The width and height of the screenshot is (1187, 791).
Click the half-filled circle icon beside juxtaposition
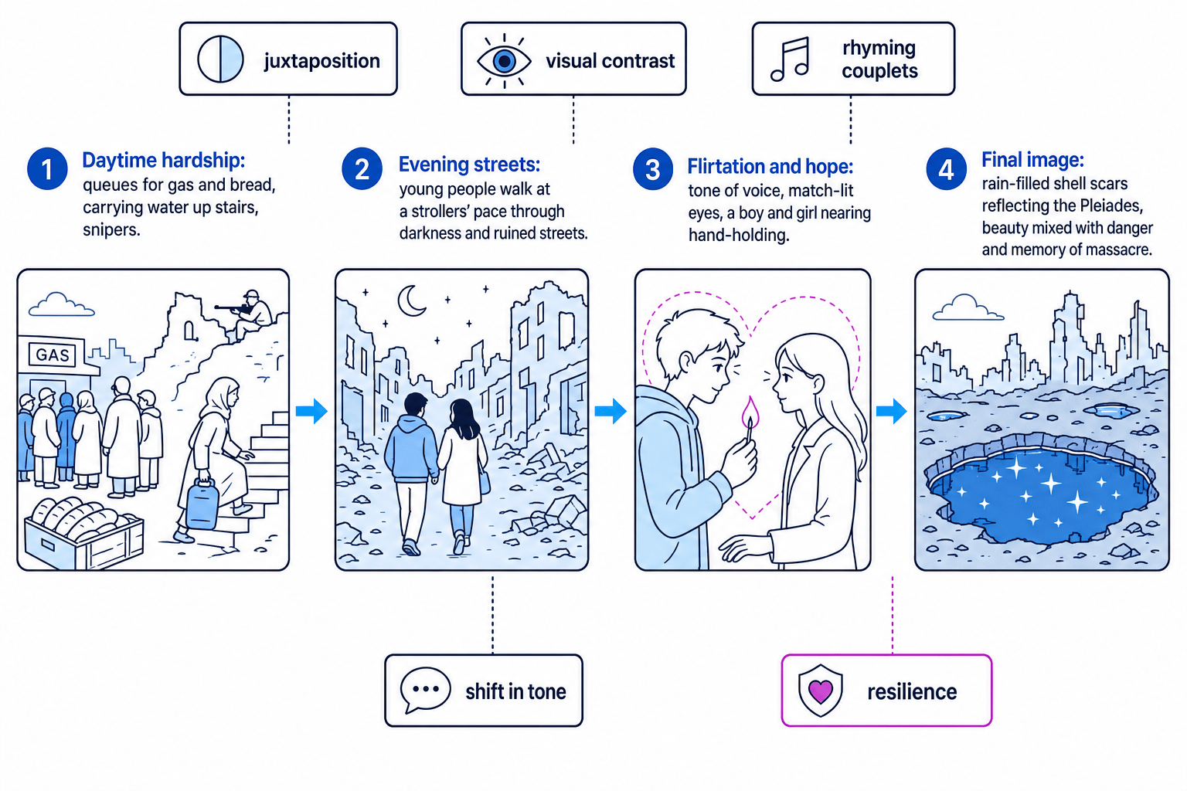tap(220, 59)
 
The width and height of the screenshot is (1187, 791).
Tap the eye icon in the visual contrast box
tap(504, 60)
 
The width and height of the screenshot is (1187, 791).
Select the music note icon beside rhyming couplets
tap(790, 59)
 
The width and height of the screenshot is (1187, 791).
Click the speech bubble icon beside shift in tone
tap(426, 690)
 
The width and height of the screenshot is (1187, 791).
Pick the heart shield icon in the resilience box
tap(820, 691)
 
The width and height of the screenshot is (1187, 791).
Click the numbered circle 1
tap(47, 169)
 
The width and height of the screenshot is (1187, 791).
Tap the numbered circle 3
tap(653, 169)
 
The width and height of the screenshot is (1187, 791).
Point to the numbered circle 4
tap(947, 169)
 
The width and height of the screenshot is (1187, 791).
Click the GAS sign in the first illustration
tap(52, 355)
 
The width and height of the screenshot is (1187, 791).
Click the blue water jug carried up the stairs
tap(202, 504)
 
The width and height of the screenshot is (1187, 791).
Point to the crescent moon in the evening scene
tap(410, 300)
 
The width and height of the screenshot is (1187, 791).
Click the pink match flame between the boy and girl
tap(750, 412)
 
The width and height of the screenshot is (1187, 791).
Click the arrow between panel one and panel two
tap(311, 411)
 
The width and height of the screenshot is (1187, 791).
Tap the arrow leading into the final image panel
tap(892, 411)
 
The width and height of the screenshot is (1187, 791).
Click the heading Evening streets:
tap(469, 165)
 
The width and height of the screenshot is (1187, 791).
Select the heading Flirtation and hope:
tap(770, 166)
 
